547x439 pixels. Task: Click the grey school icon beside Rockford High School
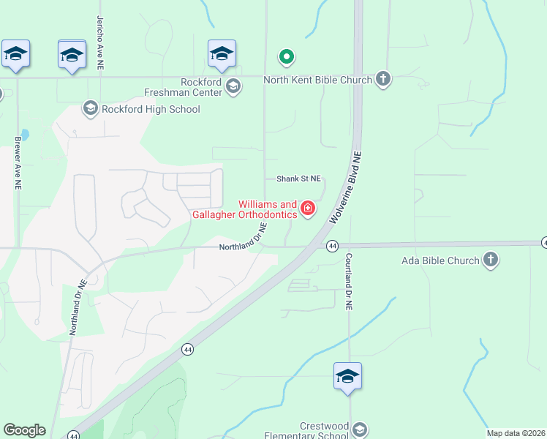91,109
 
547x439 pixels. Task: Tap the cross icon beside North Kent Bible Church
383,78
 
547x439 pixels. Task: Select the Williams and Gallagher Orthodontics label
244,210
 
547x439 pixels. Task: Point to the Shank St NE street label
298,179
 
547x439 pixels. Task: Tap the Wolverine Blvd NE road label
346,187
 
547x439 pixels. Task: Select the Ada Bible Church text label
440,260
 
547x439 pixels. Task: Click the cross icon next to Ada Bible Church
491,260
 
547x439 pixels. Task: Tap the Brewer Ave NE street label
16,162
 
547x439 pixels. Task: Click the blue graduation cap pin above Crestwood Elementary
347,377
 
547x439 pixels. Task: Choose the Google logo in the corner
24,430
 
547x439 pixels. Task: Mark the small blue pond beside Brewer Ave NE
26,135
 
